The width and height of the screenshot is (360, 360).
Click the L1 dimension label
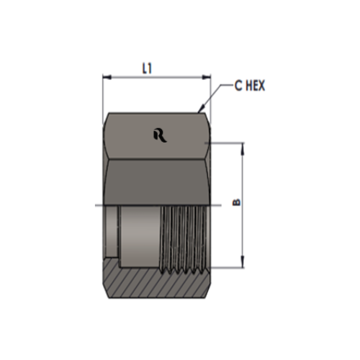(x=148, y=68)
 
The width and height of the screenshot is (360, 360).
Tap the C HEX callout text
(x=250, y=86)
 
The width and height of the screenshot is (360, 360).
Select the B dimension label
(x=237, y=202)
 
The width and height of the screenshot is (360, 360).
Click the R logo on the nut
(x=160, y=135)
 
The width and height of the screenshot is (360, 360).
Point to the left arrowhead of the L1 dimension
(x=107, y=77)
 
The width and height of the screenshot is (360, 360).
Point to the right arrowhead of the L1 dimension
(x=207, y=77)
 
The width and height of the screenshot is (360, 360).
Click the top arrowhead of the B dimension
(x=243, y=148)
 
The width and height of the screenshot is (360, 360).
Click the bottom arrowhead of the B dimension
(x=243, y=262)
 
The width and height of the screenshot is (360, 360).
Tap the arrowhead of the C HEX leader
(x=201, y=109)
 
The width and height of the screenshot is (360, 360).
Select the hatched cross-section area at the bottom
(x=156, y=282)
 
